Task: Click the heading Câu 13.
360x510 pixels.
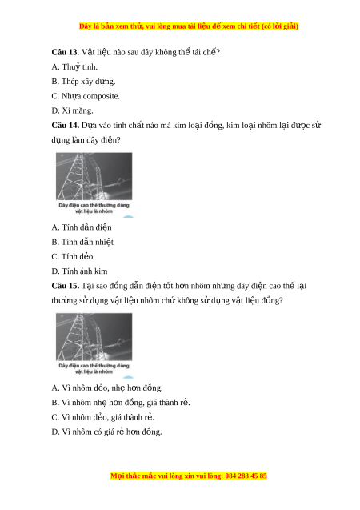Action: pos(66,52)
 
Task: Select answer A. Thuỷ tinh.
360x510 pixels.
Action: pos(74,67)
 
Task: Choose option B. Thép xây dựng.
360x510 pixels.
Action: pos(83,82)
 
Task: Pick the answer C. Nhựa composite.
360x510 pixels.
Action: pos(86,96)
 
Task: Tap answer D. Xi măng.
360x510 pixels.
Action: pos(72,111)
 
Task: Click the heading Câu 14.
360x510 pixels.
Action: pos(66,126)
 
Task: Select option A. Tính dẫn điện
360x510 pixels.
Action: pos(82,227)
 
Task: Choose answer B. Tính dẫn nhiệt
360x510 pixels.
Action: pos(82,242)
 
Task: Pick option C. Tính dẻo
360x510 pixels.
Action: pos(72,257)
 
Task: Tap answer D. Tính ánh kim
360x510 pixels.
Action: pos(79,271)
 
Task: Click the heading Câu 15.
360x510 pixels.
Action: pos(66,286)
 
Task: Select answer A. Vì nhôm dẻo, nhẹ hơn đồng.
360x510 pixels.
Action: pos(107,388)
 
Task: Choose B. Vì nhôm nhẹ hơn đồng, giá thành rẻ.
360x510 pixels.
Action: pos(121,403)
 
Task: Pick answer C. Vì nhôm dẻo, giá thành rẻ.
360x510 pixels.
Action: pos(102,417)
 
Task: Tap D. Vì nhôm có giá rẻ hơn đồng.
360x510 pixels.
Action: pos(106,432)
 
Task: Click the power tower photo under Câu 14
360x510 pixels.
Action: pos(94,176)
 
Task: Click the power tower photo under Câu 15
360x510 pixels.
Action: pos(94,337)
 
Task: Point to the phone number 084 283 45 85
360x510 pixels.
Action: pos(246,476)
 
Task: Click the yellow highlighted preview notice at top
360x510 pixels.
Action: pos(189,26)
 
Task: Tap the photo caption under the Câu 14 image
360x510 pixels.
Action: pos(94,208)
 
